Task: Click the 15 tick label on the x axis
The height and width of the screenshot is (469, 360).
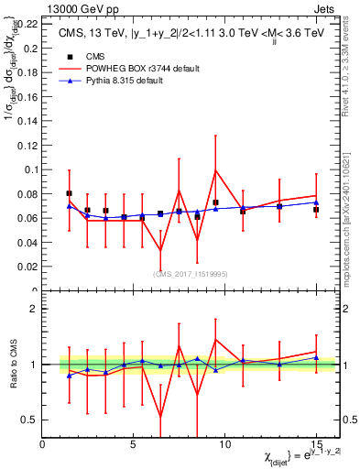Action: click(315, 444)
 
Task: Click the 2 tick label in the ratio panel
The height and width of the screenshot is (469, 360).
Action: click(34, 309)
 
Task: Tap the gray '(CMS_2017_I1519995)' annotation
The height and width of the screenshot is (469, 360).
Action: click(191, 273)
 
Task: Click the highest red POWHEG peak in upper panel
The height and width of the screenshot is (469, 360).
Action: click(215, 170)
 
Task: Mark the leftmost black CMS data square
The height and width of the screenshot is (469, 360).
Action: click(70, 193)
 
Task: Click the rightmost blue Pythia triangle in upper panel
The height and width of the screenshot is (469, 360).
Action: click(315, 202)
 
